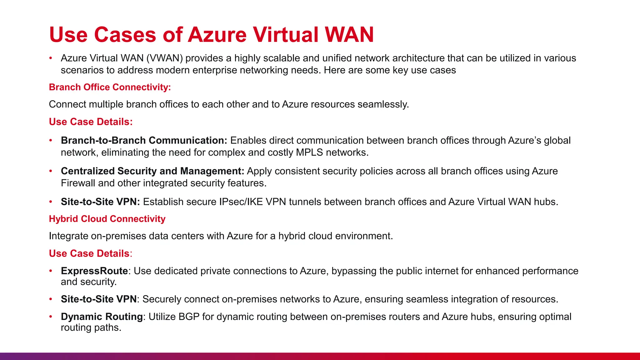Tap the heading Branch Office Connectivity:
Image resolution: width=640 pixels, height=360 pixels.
[x=110, y=87]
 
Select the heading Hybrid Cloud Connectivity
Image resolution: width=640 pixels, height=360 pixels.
[x=107, y=219]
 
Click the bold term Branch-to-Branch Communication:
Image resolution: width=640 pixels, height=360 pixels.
[x=144, y=140]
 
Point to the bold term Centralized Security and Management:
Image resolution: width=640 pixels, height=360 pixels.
[x=152, y=171]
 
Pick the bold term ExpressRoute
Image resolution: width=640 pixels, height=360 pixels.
[x=94, y=271]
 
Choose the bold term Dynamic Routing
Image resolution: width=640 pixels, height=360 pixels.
[x=102, y=317]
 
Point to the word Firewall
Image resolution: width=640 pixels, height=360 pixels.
[x=78, y=183]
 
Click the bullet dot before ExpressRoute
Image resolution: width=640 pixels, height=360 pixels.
[x=51, y=271]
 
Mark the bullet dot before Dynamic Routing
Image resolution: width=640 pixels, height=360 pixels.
[x=51, y=317]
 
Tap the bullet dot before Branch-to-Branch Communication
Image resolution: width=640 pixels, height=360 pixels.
[x=51, y=141]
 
